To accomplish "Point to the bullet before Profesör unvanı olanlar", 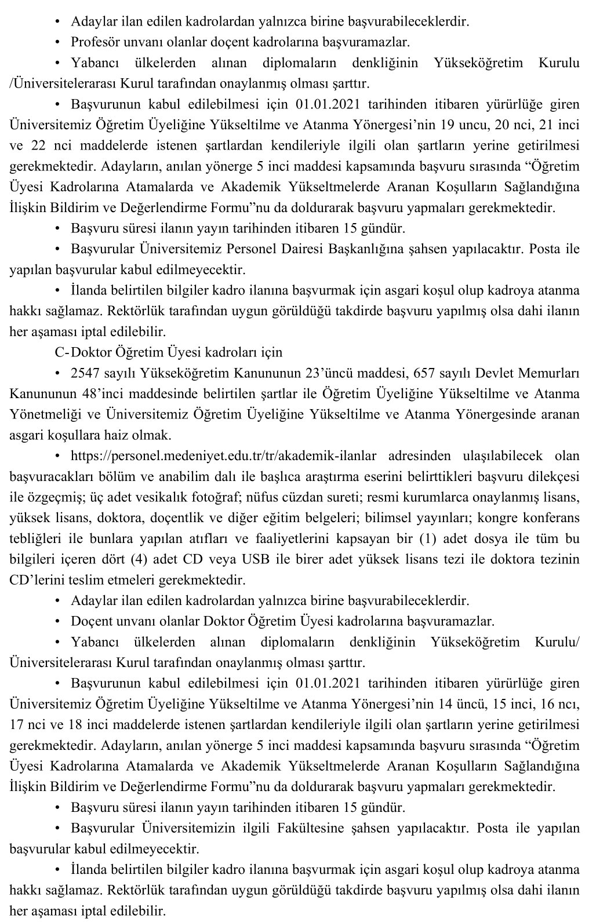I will (x=57, y=42).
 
